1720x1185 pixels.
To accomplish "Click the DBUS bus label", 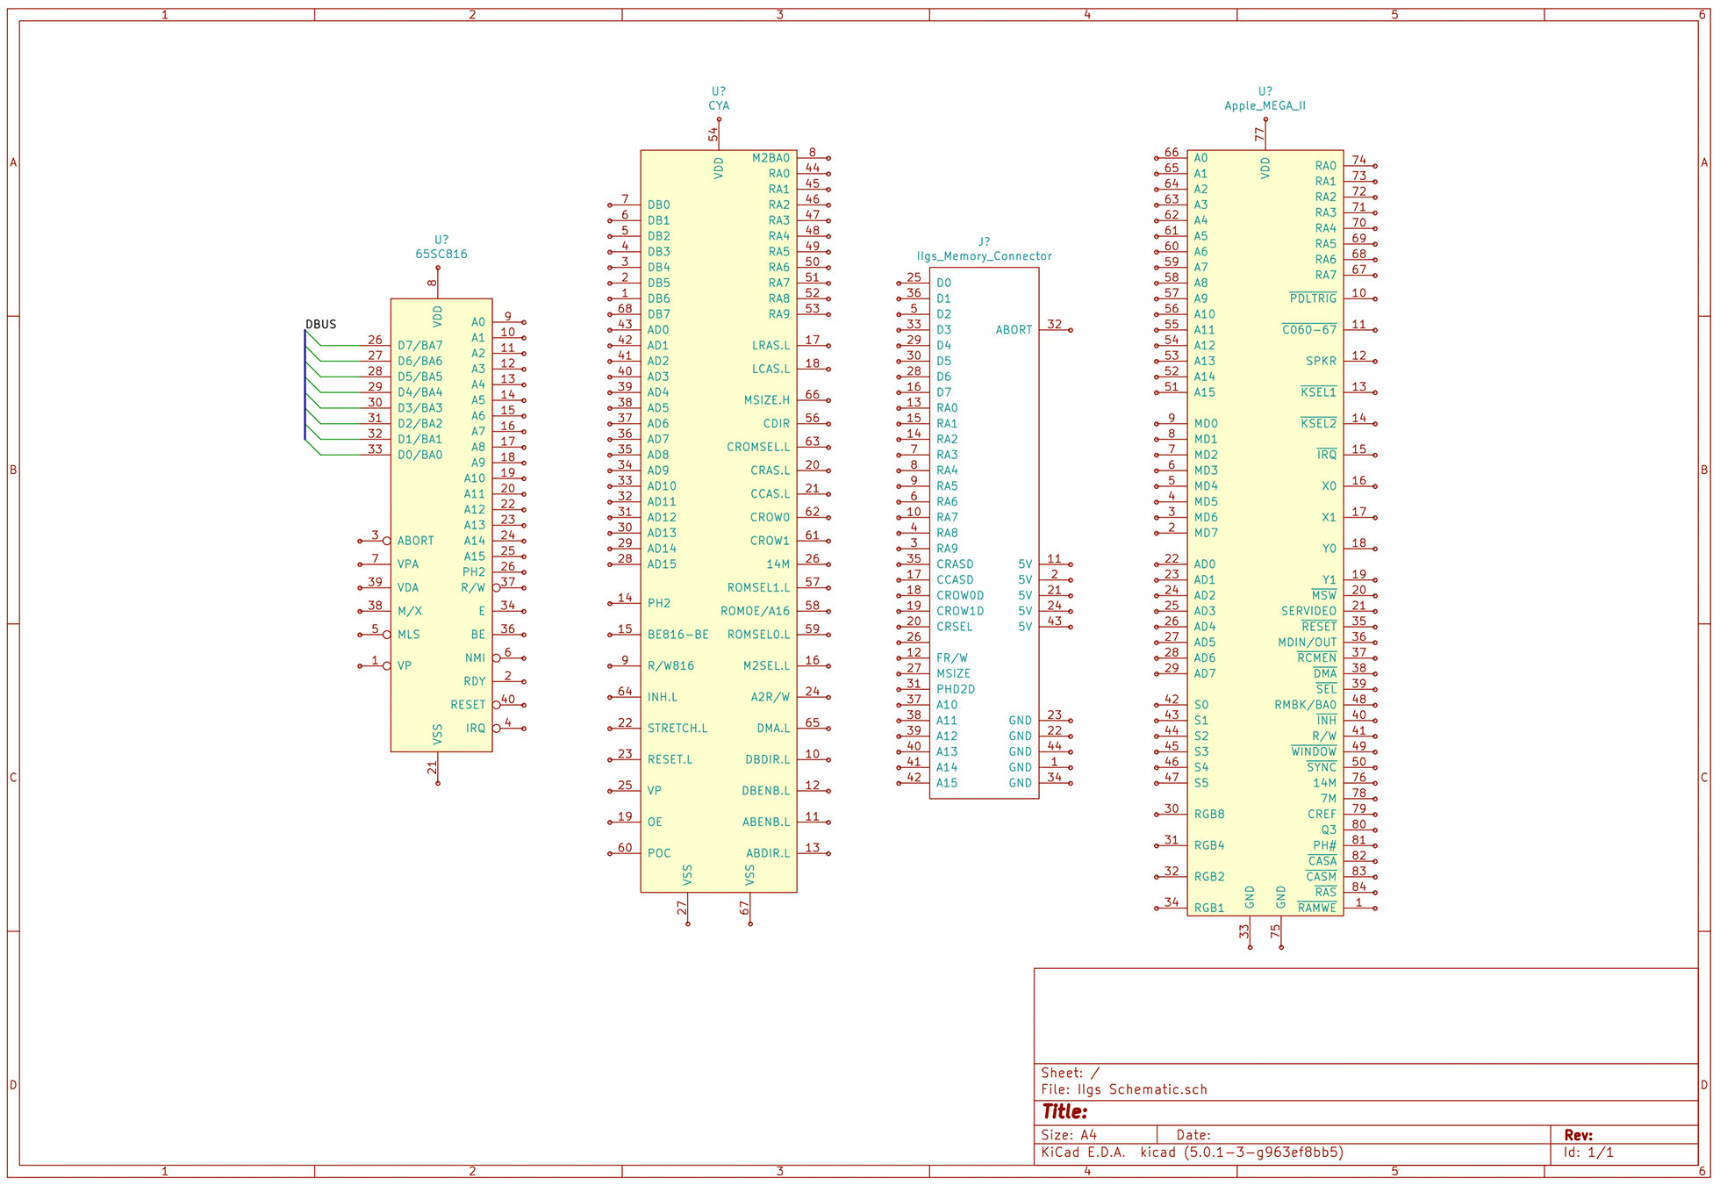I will tap(320, 325).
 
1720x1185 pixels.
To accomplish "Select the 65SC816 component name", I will tap(441, 255).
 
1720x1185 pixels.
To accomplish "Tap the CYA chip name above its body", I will tap(719, 106).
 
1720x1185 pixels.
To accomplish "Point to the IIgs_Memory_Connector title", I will tap(984, 256).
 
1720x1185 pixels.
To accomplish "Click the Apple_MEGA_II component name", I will tap(1265, 106).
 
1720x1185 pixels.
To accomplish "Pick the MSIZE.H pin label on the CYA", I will tap(766, 400).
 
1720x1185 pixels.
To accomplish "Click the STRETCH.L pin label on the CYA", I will tap(677, 729).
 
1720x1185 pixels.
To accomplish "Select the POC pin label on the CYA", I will tap(658, 853).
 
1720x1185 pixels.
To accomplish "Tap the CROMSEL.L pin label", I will tap(757, 448).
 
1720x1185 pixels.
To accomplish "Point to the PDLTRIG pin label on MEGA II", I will tap(1313, 299).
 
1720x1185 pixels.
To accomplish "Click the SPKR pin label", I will tap(1321, 362).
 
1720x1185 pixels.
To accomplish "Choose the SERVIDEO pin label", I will tap(1308, 612).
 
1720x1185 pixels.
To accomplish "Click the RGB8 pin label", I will tap(1208, 815).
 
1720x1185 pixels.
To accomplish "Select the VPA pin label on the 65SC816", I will tap(407, 564).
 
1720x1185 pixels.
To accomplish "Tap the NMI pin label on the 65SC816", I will tap(475, 658).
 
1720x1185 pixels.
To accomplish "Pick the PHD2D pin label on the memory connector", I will tap(955, 690).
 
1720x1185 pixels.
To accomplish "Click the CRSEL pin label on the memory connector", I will tap(954, 627).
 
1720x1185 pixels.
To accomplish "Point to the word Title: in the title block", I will tap(1064, 1112).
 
